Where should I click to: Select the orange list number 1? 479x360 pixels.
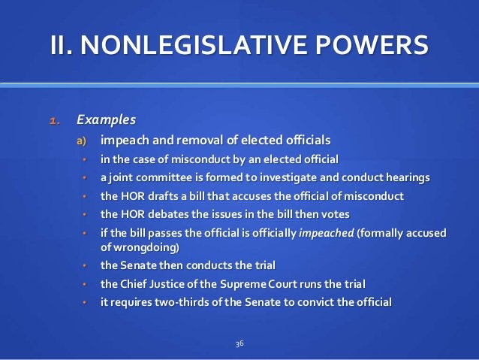[55, 120]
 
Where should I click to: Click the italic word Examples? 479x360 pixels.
[106, 120]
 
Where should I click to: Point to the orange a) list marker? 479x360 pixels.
[80, 141]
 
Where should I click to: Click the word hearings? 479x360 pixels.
[406, 177]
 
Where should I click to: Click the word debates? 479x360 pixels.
[170, 214]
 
